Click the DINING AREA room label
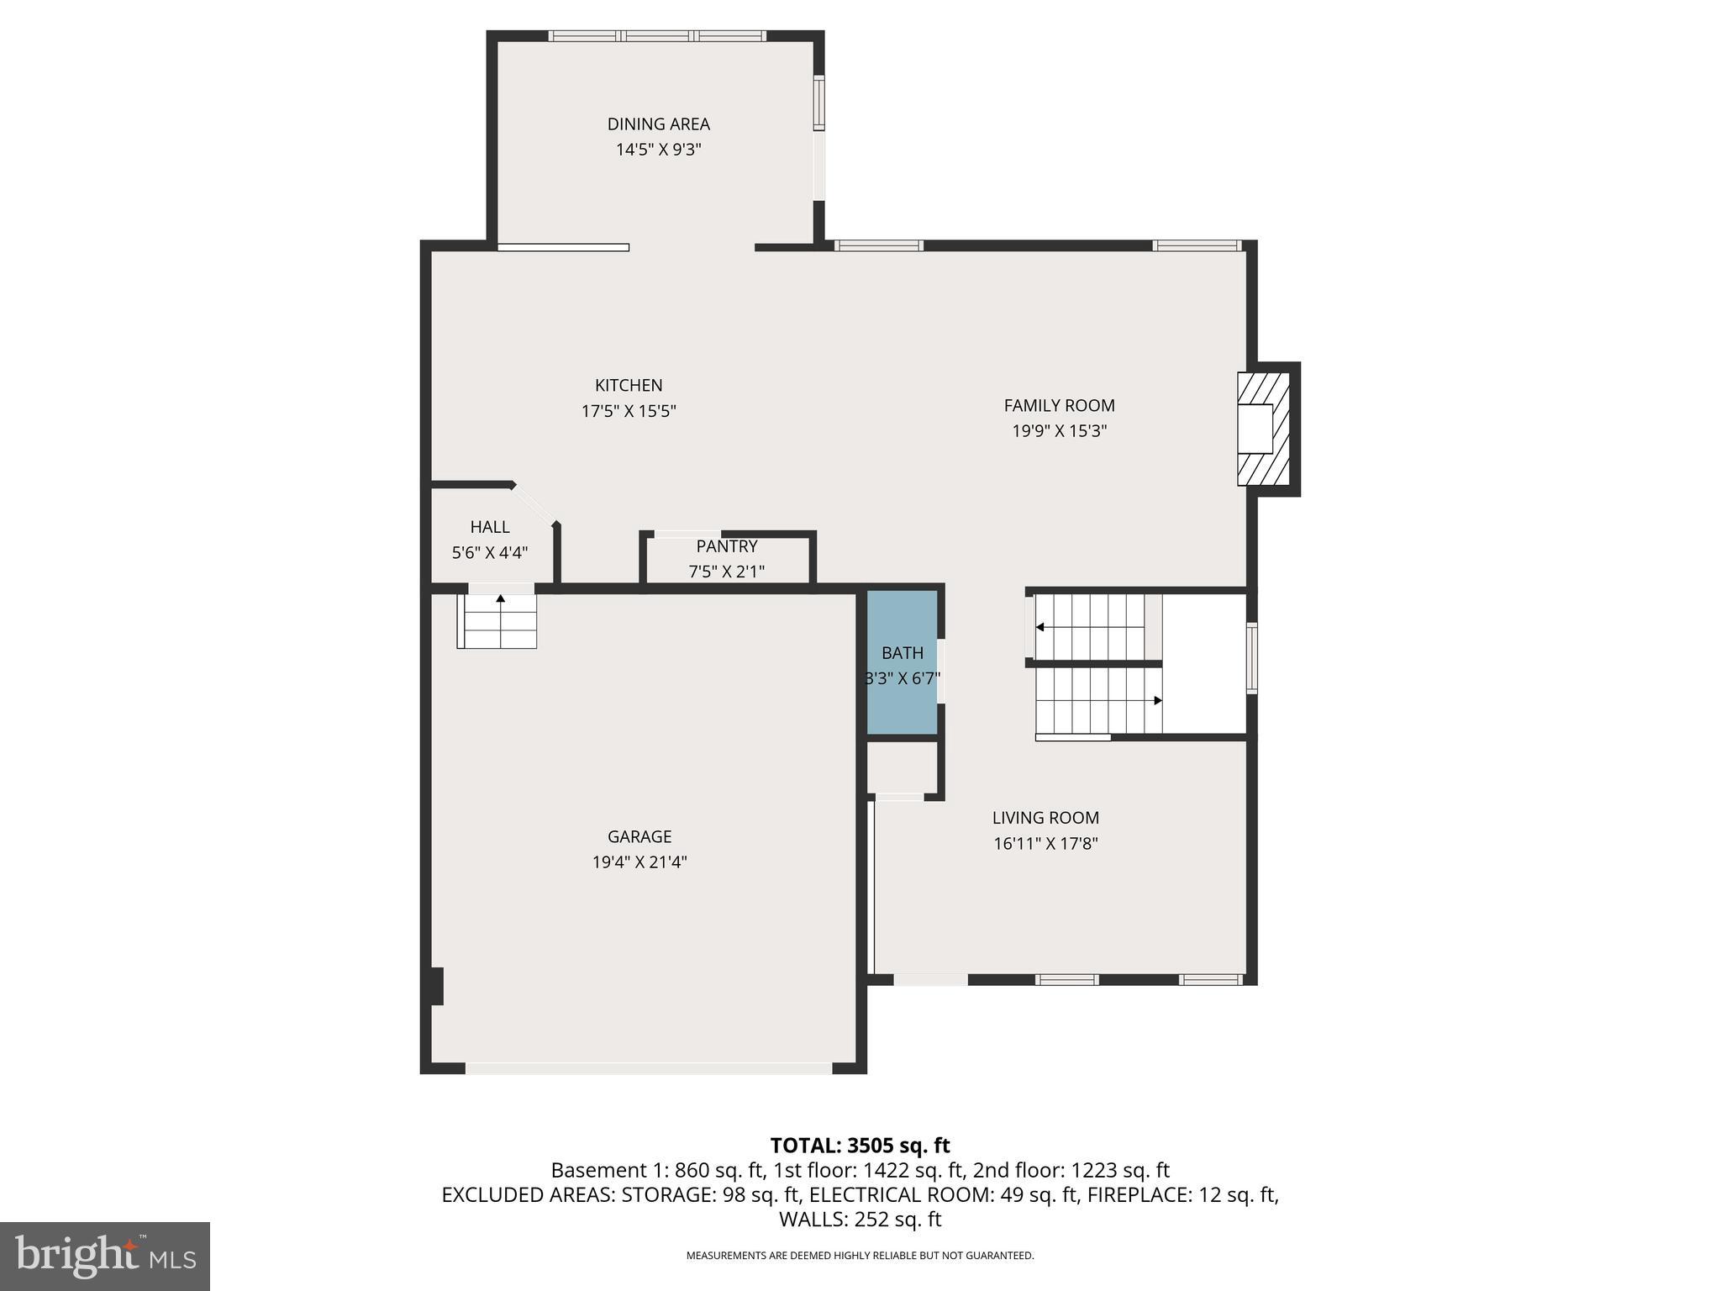click(658, 124)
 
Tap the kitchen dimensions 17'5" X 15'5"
click(629, 411)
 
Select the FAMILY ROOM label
click(1059, 405)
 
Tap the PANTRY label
click(726, 546)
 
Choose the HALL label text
click(489, 527)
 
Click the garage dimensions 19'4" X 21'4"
click(639, 862)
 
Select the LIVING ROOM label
click(1045, 818)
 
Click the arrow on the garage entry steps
click(501, 599)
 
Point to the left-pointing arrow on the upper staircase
click(1040, 627)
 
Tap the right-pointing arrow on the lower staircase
click(1157, 700)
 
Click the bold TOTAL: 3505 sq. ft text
click(860, 1146)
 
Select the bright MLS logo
click(105, 1256)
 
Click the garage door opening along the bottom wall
click(649, 1068)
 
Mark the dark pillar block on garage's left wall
click(435, 986)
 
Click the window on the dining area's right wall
click(818, 103)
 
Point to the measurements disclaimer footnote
click(860, 1256)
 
